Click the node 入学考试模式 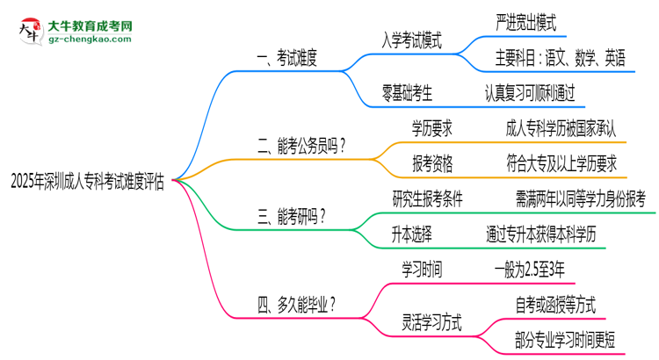tap(411, 40)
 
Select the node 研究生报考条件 tap(428, 198)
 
